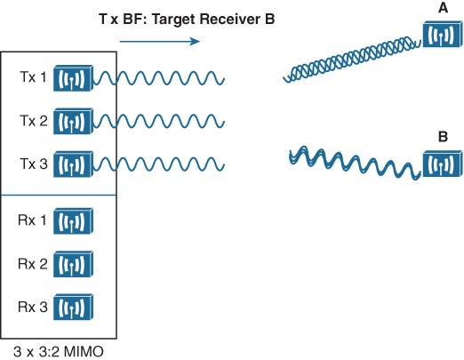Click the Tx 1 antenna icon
coord(73,78)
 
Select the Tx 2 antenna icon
coord(73,121)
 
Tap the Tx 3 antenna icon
coord(73,164)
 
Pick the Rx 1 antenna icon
coord(73,220)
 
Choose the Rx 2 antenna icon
coord(73,264)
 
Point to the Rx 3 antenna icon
coord(73,307)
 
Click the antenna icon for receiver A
coord(443,34)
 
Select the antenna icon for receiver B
coord(443,164)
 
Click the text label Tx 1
coord(33,77)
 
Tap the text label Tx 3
coord(34,164)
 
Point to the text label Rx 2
coord(33,264)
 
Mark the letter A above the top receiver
coord(443,8)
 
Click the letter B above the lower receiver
coord(443,137)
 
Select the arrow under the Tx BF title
coord(160,41)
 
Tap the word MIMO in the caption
coord(84,352)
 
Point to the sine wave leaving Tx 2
coord(159,122)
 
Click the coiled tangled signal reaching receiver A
coord(352,60)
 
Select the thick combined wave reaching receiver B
coord(355,163)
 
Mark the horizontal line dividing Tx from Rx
coord(59,196)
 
